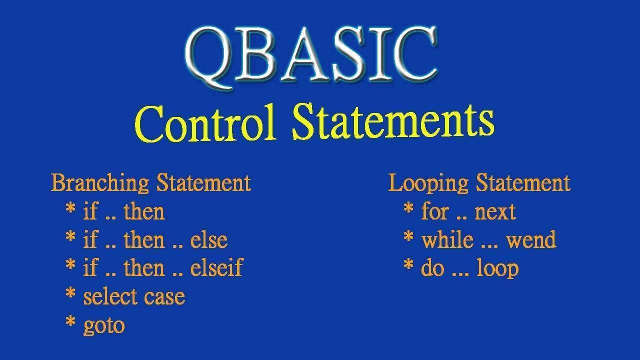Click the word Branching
tap(100, 183)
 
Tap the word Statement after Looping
tap(522, 183)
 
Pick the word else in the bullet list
tap(209, 240)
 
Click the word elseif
tap(216, 268)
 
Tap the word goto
tap(104, 326)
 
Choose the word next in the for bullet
tap(494, 211)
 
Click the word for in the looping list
tap(434, 211)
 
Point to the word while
tap(447, 240)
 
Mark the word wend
tap(530, 240)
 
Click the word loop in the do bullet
tap(497, 269)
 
